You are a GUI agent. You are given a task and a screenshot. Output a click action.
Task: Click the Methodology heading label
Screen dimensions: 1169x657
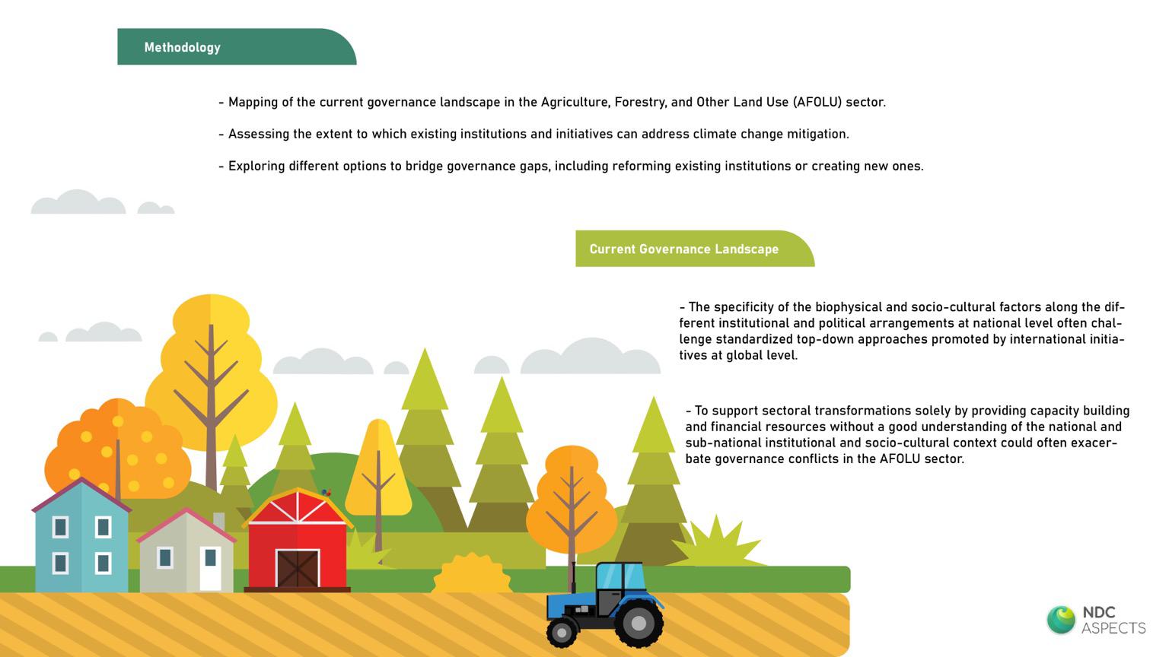point(182,47)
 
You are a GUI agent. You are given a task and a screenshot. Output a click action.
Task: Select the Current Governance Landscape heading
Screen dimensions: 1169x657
point(683,249)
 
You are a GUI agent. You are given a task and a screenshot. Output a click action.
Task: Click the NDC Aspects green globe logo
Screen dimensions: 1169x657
point(1061,620)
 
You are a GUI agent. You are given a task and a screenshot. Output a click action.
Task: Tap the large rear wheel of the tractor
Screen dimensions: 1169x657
point(639,623)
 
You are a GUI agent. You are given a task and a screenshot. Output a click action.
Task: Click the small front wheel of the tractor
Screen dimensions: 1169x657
point(562,633)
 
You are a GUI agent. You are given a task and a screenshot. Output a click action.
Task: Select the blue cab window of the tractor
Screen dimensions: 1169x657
point(620,576)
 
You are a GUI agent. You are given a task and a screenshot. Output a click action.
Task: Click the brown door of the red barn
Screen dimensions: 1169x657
point(298,569)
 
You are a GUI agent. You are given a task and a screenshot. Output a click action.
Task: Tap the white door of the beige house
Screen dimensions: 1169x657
point(210,568)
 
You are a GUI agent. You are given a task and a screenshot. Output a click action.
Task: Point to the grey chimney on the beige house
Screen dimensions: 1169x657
point(219,520)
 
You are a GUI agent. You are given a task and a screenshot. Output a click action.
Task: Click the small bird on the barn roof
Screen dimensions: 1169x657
point(326,492)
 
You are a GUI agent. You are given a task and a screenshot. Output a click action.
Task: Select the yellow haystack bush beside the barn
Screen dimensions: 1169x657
point(473,573)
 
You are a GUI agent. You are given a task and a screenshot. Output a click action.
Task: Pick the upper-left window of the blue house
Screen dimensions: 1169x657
point(61,527)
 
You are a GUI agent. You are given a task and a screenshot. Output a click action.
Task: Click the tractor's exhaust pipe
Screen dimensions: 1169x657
point(574,577)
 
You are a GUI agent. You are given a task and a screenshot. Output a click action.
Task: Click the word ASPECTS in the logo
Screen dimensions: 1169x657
point(1113,628)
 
